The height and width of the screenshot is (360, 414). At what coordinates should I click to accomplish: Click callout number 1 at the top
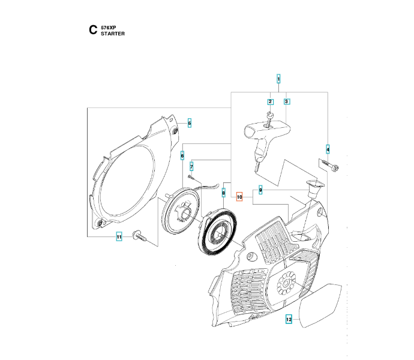(x=278, y=79)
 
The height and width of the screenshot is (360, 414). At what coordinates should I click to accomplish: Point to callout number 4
(x=328, y=149)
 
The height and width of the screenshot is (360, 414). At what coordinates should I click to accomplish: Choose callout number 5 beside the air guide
(x=190, y=123)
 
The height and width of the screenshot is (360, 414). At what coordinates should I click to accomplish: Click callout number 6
(x=182, y=155)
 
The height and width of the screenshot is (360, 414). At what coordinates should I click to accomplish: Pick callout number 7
(x=191, y=166)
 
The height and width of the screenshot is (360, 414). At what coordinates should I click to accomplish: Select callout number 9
(x=260, y=190)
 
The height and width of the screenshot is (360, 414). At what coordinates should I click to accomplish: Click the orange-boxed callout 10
(x=239, y=197)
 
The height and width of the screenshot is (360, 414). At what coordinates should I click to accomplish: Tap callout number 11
(x=119, y=237)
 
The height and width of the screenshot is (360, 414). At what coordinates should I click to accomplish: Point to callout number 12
(x=289, y=320)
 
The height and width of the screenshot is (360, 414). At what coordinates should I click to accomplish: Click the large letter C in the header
(x=92, y=29)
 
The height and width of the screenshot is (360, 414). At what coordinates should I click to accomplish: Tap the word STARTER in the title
(x=113, y=34)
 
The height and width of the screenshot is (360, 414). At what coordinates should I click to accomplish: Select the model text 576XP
(x=109, y=28)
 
